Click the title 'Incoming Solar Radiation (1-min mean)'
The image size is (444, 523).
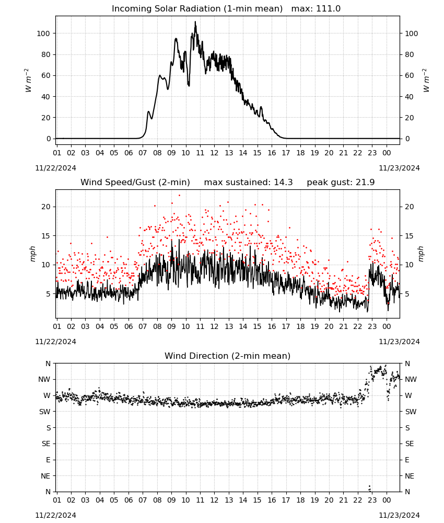coord(197,9)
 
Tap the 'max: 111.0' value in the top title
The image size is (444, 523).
coord(316,9)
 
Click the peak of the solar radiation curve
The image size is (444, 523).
coord(195,22)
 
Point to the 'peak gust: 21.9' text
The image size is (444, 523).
coord(341,183)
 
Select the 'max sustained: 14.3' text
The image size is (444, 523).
coord(248,183)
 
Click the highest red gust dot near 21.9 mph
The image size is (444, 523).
coord(179,196)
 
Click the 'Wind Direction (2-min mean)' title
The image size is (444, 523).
coord(228,356)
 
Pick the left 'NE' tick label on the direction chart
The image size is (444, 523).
coord(45,476)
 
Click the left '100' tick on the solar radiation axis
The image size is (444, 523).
coord(43,33)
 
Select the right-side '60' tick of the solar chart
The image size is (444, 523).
coord(410,75)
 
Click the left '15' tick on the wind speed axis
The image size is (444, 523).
coord(45,236)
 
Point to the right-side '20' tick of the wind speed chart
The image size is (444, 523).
coord(410,207)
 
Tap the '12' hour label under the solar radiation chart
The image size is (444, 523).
coord(214,153)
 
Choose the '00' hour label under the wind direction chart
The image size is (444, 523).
coord(387,500)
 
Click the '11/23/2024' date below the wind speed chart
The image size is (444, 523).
coord(399,342)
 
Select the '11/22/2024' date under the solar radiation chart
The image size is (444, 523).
coord(55,168)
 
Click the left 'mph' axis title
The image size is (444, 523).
coord(32,254)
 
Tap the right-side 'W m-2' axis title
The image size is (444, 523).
coord(426,81)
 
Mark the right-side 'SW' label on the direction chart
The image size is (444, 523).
coord(411,412)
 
